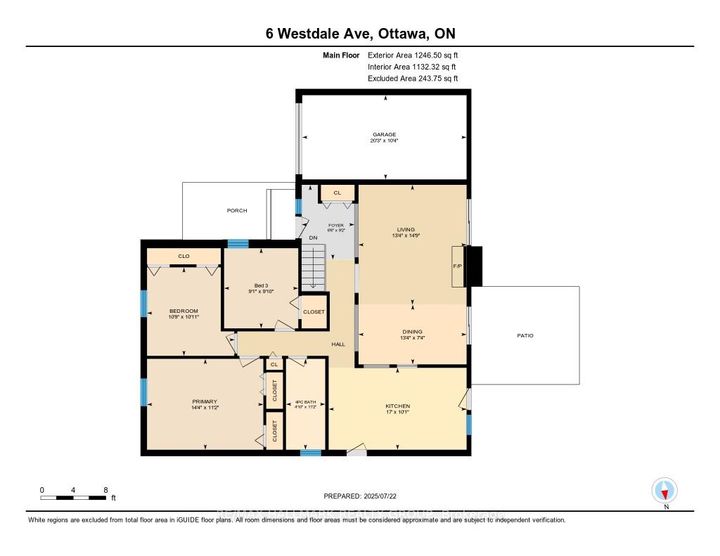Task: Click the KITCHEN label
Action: pyautogui.click(x=399, y=406)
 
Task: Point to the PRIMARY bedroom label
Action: pyautogui.click(x=204, y=403)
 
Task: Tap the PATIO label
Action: pyautogui.click(x=524, y=335)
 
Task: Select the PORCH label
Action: pyautogui.click(x=237, y=211)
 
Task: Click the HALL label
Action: pyautogui.click(x=338, y=345)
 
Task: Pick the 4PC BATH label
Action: pyautogui.click(x=303, y=403)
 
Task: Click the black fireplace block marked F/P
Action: pyautogui.click(x=477, y=267)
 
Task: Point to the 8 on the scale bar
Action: pyautogui.click(x=107, y=490)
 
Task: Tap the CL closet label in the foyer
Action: pyautogui.click(x=337, y=192)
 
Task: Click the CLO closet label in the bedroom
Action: pyautogui.click(x=183, y=257)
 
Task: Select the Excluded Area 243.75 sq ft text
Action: pyautogui.click(x=412, y=76)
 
